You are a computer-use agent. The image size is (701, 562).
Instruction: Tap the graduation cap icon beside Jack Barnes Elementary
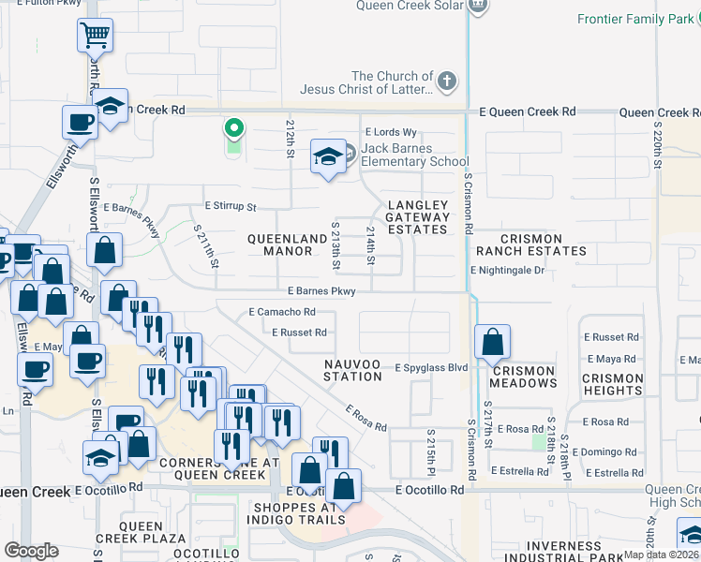click(328, 155)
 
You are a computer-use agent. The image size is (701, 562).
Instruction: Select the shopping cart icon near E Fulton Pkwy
click(95, 36)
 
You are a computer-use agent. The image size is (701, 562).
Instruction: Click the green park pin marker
click(232, 128)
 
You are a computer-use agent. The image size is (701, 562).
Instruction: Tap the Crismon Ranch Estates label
click(530, 244)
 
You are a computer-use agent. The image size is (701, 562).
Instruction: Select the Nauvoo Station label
click(353, 370)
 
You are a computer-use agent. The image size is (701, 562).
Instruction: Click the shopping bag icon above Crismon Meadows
click(492, 342)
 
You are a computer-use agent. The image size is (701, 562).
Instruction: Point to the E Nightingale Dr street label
click(507, 271)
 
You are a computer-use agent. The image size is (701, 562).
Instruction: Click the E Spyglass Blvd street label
click(430, 368)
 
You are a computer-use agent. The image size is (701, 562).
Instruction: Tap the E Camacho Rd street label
click(281, 312)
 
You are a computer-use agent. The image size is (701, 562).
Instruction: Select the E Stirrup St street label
click(230, 206)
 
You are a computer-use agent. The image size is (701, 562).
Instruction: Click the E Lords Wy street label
click(391, 133)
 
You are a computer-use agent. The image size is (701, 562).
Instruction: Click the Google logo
click(31, 551)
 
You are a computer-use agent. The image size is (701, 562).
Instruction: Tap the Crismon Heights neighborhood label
click(613, 384)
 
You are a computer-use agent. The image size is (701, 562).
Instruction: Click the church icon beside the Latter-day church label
click(447, 81)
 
